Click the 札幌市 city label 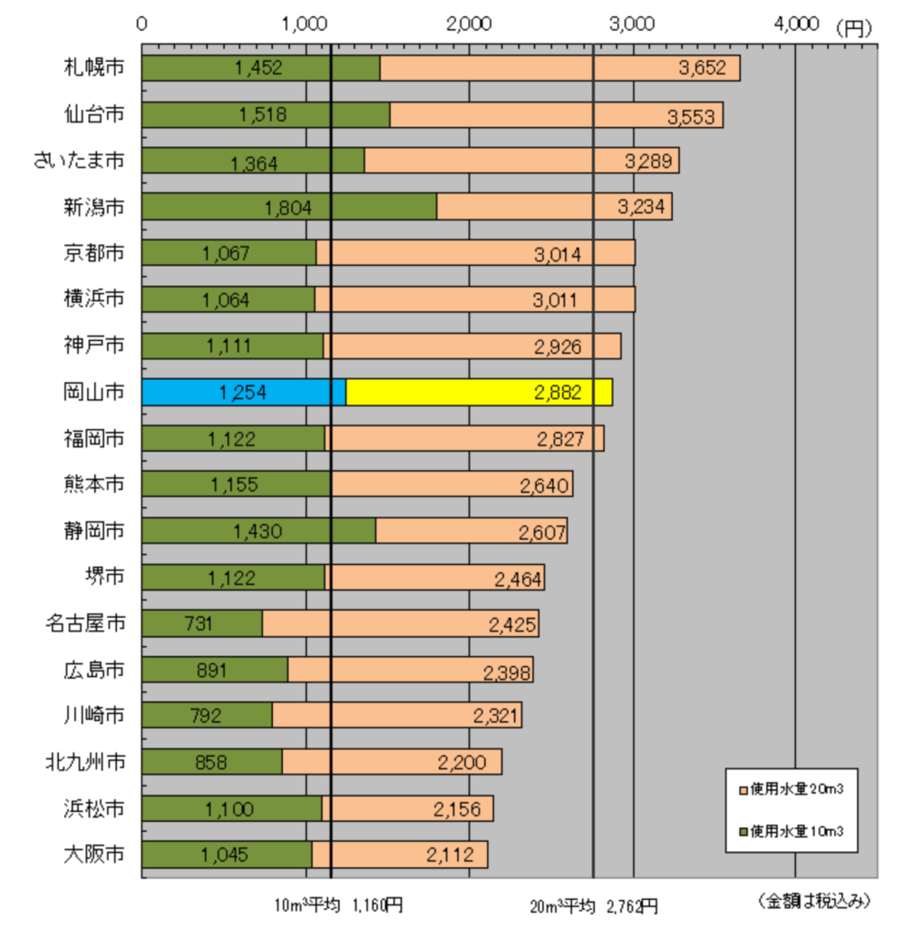(93, 67)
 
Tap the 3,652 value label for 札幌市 (703, 68)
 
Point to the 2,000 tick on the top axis (469, 24)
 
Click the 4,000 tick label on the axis (795, 24)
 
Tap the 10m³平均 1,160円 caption (340, 905)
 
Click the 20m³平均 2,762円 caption (594, 905)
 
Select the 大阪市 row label (93, 854)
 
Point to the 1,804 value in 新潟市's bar (288, 208)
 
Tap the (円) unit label (853, 27)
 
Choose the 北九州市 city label (85, 761)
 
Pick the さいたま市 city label (78, 160)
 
